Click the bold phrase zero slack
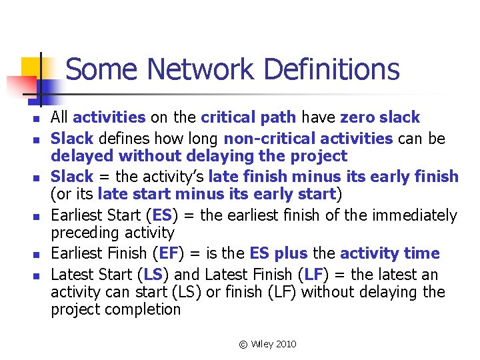(380, 118)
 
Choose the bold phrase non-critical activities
(308, 139)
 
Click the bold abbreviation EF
(164, 253)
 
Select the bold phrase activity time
(390, 253)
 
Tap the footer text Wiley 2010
(274, 344)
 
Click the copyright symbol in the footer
(243, 344)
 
